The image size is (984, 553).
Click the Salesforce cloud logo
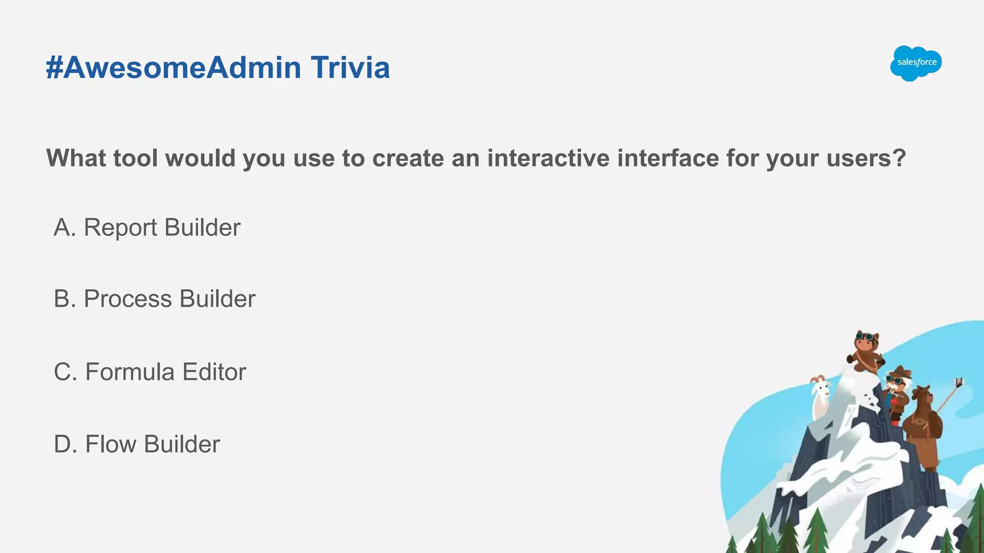pos(916,63)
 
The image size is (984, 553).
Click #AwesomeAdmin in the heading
pos(173,68)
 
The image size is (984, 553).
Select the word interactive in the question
pos(548,158)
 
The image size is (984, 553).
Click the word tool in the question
pos(135,158)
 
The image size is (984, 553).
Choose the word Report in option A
pos(121,228)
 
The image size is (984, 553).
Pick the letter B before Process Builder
pos(62,299)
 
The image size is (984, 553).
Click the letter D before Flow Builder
pos(62,444)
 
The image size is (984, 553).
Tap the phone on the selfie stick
pos(959,382)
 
